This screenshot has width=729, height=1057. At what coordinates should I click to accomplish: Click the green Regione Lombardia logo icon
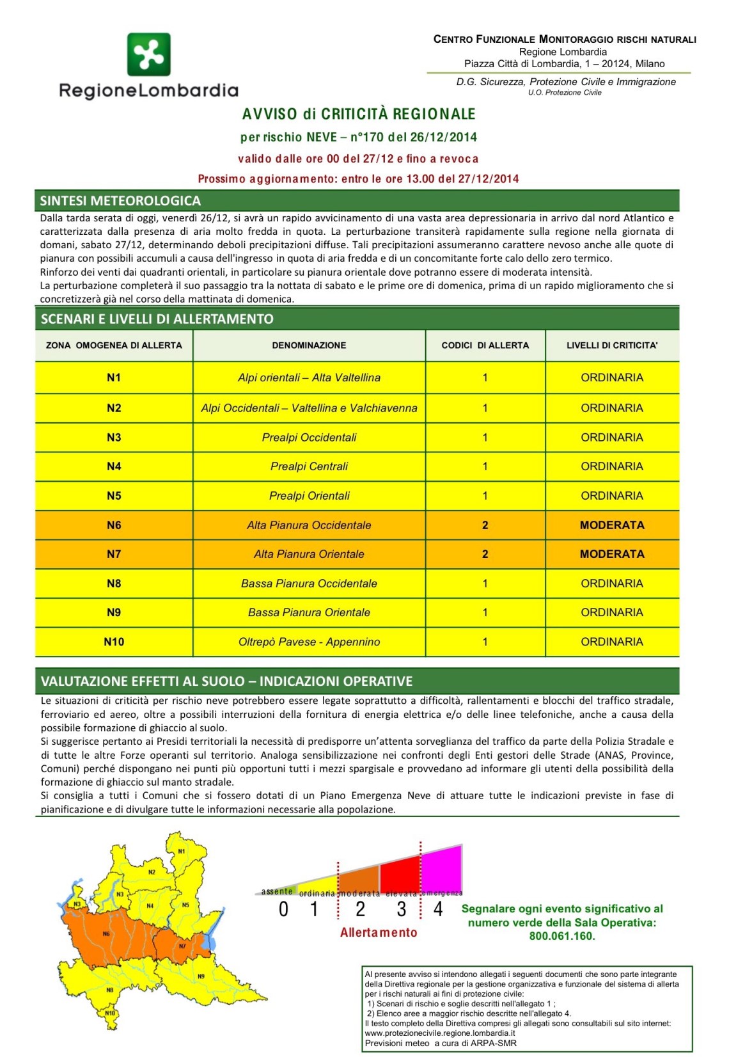pyautogui.click(x=148, y=54)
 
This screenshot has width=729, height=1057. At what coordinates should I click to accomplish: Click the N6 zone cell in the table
pyautogui.click(x=114, y=525)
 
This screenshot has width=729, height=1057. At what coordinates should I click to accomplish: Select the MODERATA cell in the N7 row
pyautogui.click(x=612, y=554)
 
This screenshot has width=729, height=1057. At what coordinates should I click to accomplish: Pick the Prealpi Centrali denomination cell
pyautogui.click(x=309, y=466)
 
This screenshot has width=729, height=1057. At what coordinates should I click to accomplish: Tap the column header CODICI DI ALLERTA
pyautogui.click(x=485, y=345)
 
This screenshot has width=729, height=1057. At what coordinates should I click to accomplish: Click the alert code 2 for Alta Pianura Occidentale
pyautogui.click(x=485, y=525)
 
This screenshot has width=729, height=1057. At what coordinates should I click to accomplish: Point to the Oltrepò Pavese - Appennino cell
pyautogui.click(x=309, y=642)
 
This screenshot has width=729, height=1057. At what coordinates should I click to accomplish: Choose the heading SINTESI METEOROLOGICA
pyautogui.click(x=120, y=201)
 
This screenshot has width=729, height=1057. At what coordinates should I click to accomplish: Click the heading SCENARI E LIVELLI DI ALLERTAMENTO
pyautogui.click(x=157, y=319)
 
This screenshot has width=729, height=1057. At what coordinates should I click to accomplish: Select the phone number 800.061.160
pyautogui.click(x=561, y=936)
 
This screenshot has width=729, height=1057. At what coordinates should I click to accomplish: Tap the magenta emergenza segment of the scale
pyautogui.click(x=443, y=870)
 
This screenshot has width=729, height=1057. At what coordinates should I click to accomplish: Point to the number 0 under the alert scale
pyautogui.click(x=284, y=909)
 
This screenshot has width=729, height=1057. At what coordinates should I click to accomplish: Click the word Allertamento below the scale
pyautogui.click(x=379, y=932)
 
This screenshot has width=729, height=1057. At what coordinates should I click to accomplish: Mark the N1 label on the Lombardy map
pyautogui.click(x=182, y=851)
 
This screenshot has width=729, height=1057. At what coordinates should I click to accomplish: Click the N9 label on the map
pyautogui.click(x=201, y=976)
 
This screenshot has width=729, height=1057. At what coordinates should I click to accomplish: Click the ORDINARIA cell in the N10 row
pyautogui.click(x=612, y=642)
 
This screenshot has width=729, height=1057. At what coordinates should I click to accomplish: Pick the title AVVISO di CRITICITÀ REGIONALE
pyautogui.click(x=359, y=115)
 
